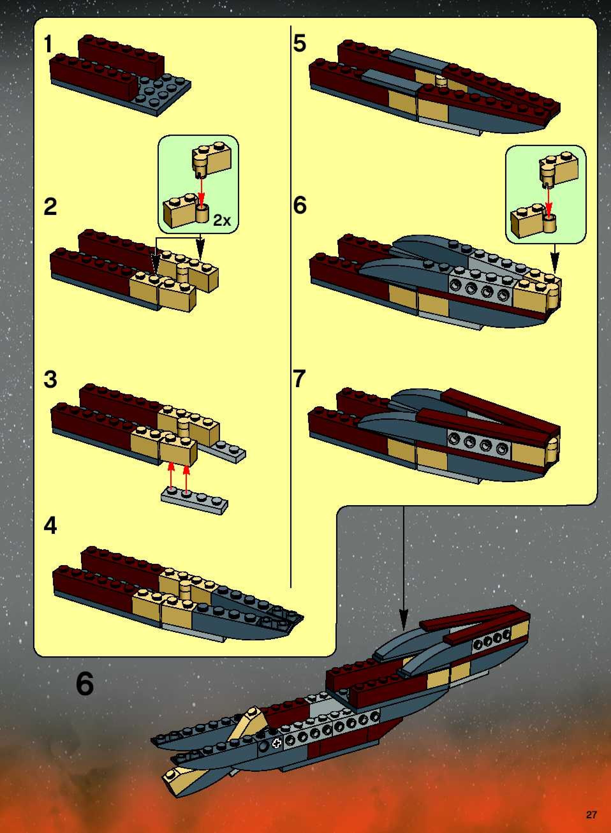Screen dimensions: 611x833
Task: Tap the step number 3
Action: pyautogui.click(x=50, y=379)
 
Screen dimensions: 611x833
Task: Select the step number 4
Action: pyautogui.click(x=50, y=526)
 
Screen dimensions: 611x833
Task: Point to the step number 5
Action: pyautogui.click(x=299, y=43)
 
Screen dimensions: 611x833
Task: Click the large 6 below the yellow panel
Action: pyautogui.click(x=85, y=684)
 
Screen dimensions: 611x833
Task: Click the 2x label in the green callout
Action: pyautogui.click(x=222, y=221)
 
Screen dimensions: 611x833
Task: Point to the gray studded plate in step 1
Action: pyautogui.click(x=163, y=92)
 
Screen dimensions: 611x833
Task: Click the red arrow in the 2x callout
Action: pyautogui.click(x=201, y=192)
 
